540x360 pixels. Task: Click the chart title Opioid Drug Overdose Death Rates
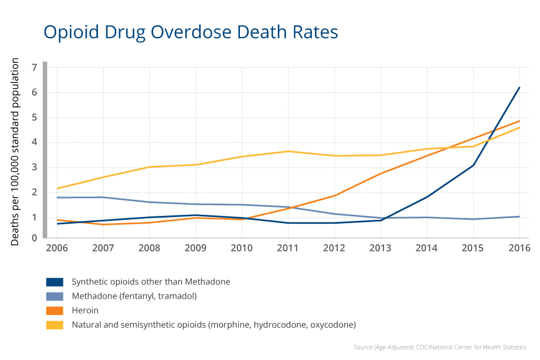click(x=190, y=32)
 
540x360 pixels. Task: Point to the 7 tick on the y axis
click(x=35, y=67)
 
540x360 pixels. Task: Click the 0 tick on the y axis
click(x=35, y=238)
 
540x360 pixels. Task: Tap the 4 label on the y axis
click(x=35, y=142)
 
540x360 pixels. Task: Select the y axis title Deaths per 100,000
click(x=16, y=151)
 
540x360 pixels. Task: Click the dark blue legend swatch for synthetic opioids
click(x=55, y=282)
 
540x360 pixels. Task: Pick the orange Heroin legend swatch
click(x=55, y=310)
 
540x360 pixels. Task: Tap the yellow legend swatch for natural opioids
click(x=55, y=324)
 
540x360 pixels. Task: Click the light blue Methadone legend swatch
click(x=55, y=296)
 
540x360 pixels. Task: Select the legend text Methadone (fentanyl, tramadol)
click(x=134, y=296)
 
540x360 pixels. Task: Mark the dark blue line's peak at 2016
click(x=519, y=87)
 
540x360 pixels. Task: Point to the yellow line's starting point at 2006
click(x=57, y=189)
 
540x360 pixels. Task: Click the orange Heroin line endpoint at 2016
click(x=519, y=121)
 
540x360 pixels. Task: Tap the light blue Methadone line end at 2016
click(x=519, y=216)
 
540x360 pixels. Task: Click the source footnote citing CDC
click(x=439, y=347)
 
